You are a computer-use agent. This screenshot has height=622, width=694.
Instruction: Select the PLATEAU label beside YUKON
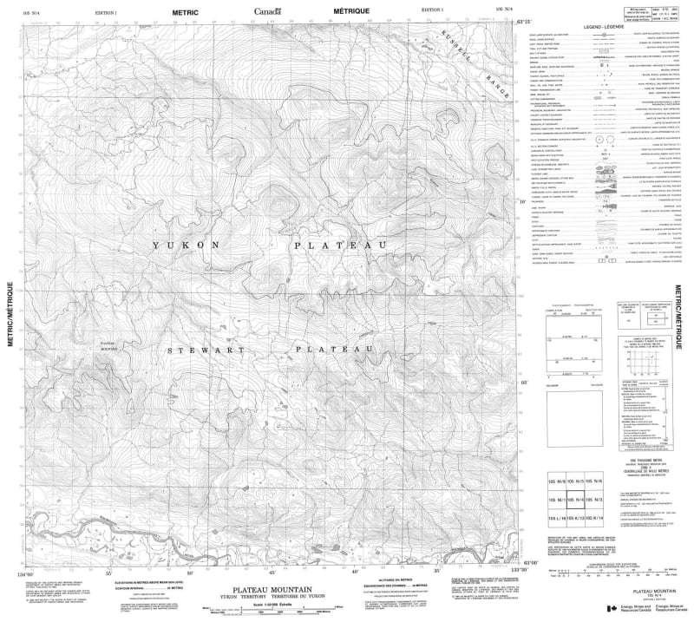coord(339,247)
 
